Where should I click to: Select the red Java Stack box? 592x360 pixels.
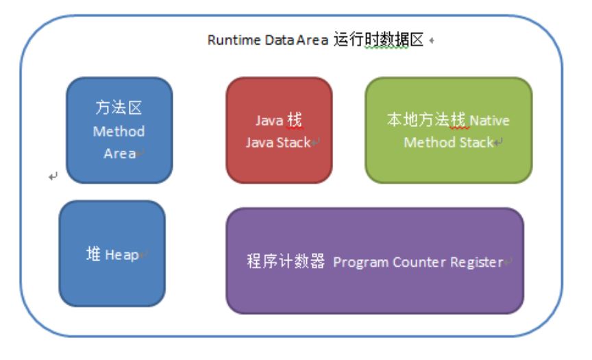point(279,130)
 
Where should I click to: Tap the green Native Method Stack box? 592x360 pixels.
point(448,130)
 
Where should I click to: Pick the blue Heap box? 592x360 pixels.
point(112,253)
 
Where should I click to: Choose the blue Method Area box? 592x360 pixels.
point(119,130)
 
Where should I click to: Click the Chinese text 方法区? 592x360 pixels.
point(119,110)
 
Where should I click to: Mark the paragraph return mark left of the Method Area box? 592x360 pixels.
point(53,177)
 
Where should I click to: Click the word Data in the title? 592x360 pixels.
point(274,40)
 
